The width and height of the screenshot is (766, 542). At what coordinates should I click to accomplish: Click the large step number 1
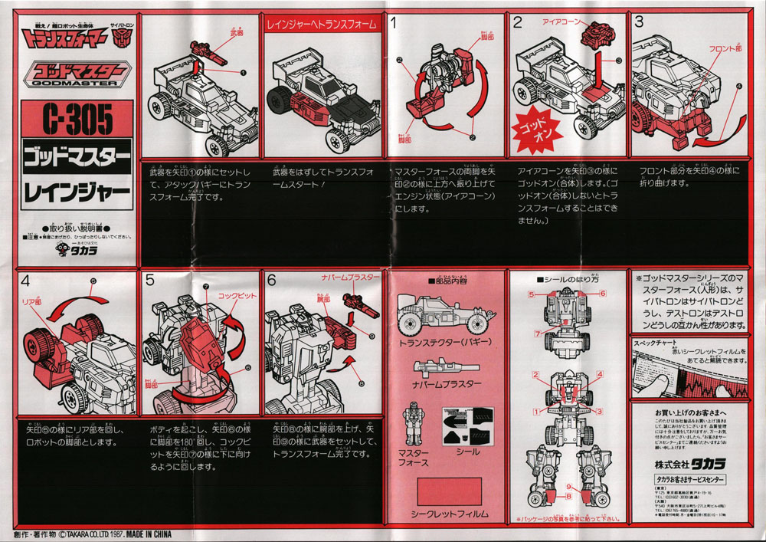[394, 23]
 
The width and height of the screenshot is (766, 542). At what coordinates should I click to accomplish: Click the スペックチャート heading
[652, 343]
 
